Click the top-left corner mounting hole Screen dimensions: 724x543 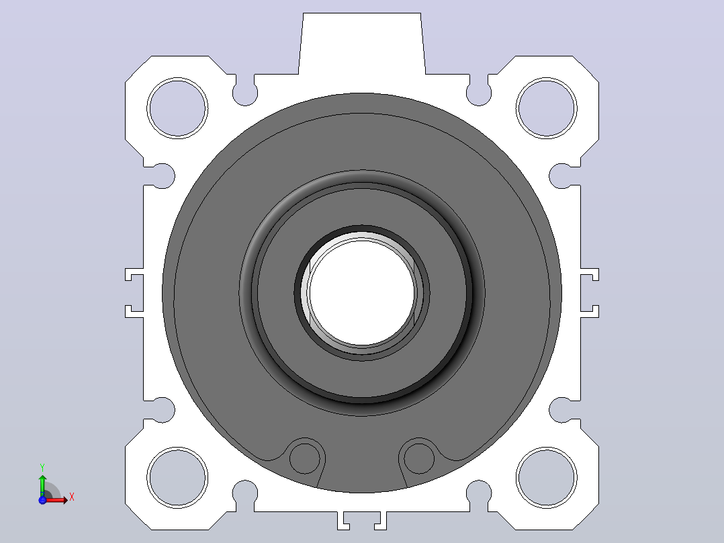[177, 108]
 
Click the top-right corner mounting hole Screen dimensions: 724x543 [546, 108]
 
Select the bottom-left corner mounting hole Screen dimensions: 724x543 [177, 477]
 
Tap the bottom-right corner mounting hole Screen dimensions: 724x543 [546, 477]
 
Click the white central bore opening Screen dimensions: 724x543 [362, 292]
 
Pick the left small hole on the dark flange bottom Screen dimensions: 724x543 [304, 458]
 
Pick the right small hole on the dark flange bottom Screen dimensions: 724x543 [419, 458]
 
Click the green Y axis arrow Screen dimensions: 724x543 [42, 485]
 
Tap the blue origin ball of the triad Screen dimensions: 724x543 [42, 500]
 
